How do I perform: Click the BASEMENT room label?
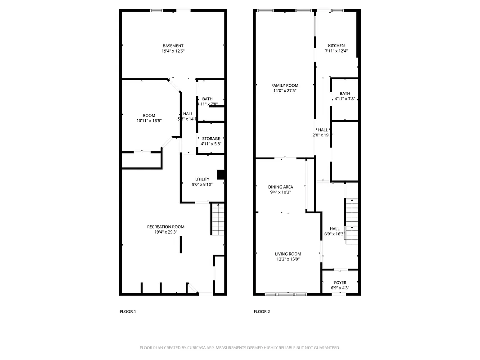173,46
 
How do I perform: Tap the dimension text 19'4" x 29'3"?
166,232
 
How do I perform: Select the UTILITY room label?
202,179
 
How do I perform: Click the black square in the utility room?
221,175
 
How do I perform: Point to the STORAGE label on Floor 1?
211,139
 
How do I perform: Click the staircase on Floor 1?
218,219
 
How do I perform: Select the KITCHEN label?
336,46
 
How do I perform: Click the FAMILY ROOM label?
284,85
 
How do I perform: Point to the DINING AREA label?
281,187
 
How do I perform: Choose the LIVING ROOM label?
288,254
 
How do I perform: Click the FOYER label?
340,283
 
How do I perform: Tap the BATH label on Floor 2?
345,94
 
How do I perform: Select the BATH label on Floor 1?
207,99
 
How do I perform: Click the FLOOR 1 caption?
128,311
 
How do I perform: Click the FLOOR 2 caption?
262,311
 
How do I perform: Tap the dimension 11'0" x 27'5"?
284,90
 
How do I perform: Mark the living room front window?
286,294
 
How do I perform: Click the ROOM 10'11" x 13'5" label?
149,116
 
